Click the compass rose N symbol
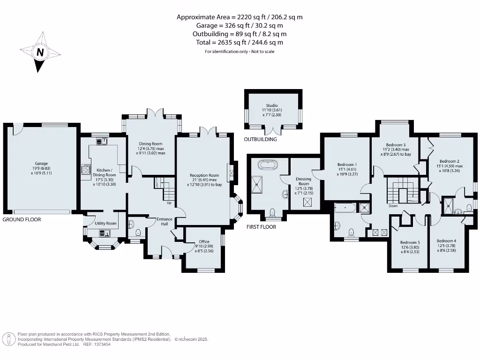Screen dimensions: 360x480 tap(40, 52)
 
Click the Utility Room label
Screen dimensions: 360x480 tap(105, 224)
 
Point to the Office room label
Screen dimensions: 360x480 tap(204, 242)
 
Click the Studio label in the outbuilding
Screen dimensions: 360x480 tap(271, 105)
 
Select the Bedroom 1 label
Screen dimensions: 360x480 tap(347, 165)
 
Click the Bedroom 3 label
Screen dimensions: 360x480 tap(396, 145)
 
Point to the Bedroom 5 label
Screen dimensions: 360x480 tap(409, 243)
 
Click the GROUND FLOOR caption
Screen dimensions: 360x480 tap(22, 219)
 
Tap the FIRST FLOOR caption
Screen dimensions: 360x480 tap(262, 227)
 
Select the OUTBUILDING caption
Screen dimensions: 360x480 tap(260, 139)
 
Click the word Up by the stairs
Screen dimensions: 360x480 tap(169, 203)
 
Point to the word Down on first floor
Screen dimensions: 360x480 tap(393, 206)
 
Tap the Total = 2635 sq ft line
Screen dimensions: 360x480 tap(240, 43)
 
